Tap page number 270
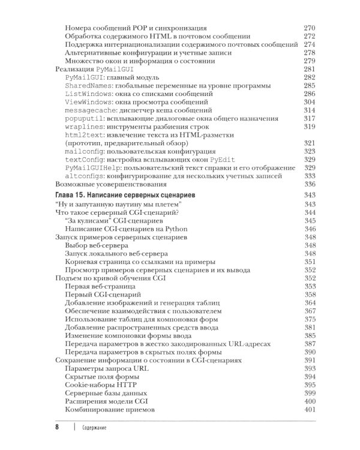(x=310, y=28)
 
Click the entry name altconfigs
(x=86, y=176)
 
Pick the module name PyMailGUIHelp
(x=92, y=169)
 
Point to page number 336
(x=310, y=185)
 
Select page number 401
(x=310, y=410)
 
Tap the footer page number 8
(x=56, y=427)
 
